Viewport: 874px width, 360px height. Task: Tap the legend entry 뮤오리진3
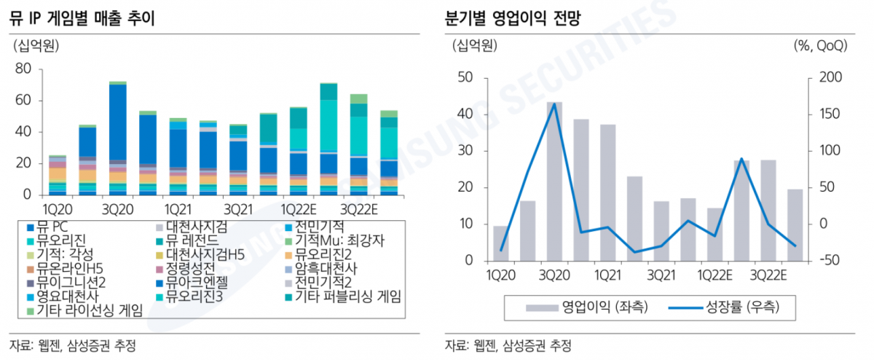point(192,297)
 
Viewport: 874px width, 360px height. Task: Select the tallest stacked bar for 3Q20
point(117,138)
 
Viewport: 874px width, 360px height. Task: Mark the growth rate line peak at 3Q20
point(554,103)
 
